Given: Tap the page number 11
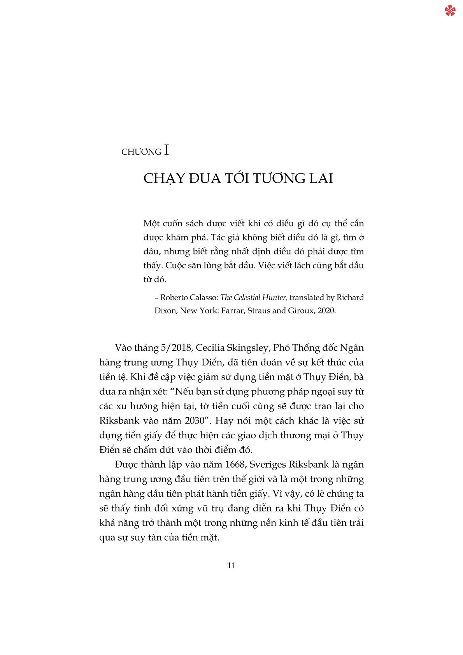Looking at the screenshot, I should [x=231, y=565].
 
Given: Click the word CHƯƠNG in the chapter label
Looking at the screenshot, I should [x=141, y=152].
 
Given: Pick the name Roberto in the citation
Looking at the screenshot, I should [x=174, y=298].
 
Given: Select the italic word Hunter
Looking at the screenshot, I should [x=275, y=298].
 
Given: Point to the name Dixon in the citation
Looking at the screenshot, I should [x=165, y=311].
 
